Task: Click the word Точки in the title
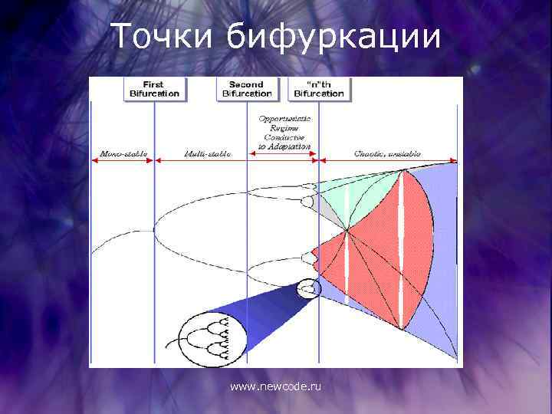[x=163, y=38]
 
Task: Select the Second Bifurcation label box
[x=247, y=89]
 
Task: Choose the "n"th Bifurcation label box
[x=318, y=89]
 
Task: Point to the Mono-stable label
[x=123, y=154]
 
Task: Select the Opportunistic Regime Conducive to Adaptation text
[x=284, y=132]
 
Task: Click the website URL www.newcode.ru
[x=276, y=387]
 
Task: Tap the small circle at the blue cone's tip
[x=309, y=289]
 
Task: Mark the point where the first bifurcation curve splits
[x=155, y=229]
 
